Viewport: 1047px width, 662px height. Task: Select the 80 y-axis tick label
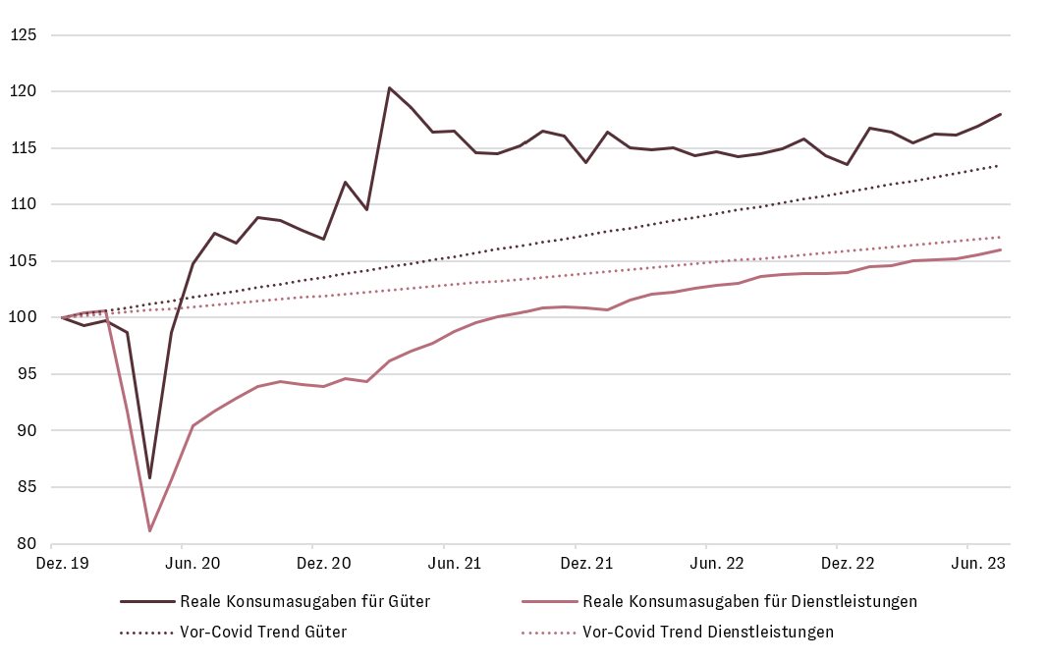pyautogui.click(x=26, y=544)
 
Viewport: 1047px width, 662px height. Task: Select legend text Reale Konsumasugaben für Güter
pyautogui.click(x=305, y=601)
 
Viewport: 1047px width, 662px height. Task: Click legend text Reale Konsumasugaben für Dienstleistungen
pyautogui.click(x=750, y=601)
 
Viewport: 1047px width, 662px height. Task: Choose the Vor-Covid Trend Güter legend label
pyautogui.click(x=263, y=632)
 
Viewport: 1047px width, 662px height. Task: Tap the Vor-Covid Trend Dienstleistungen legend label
pyautogui.click(x=708, y=632)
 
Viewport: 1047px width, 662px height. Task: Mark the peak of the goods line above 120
pyautogui.click(x=389, y=87)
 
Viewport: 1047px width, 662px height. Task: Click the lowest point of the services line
pyautogui.click(x=149, y=531)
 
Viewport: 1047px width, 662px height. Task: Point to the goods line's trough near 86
pyautogui.click(x=149, y=478)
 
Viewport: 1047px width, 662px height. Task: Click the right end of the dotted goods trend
pyautogui.click(x=1000, y=165)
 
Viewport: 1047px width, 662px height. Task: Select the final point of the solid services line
pyautogui.click(x=1000, y=249)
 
